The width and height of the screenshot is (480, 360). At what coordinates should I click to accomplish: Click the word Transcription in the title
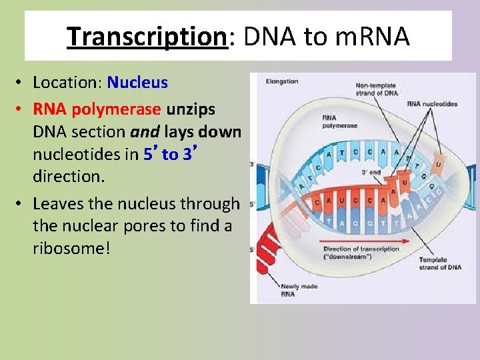click(147, 37)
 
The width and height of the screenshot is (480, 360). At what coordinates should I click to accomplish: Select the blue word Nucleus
click(137, 83)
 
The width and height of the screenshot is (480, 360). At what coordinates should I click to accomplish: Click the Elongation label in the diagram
click(281, 82)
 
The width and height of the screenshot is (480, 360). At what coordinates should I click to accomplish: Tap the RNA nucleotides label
click(432, 104)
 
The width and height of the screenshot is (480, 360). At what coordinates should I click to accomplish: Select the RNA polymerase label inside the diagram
click(339, 121)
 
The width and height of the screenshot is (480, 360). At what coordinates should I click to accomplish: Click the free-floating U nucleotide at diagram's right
click(439, 163)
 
